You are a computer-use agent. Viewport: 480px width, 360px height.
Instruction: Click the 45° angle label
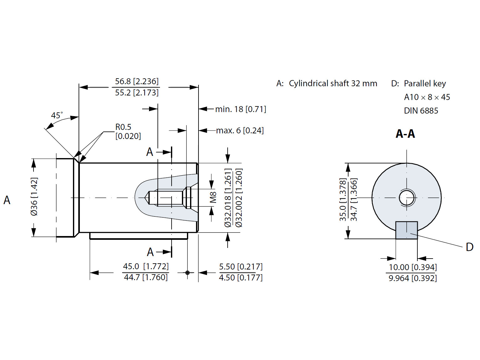click(x=57, y=115)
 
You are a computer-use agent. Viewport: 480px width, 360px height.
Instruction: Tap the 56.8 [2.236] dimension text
click(x=137, y=81)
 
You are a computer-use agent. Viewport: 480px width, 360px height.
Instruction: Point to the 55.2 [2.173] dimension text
click(x=137, y=93)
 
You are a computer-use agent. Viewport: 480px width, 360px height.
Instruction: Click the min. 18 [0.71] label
click(x=240, y=109)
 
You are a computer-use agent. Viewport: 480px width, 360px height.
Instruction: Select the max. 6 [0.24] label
click(x=240, y=131)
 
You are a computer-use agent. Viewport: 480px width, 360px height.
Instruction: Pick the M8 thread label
click(x=213, y=198)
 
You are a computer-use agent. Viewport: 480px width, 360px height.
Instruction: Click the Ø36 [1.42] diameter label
click(x=34, y=197)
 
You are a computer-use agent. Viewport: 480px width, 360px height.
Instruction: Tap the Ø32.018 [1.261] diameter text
click(x=228, y=198)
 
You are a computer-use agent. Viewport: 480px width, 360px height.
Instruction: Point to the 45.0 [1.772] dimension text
click(x=146, y=266)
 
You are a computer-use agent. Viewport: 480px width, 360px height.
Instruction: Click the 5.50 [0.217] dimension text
click(x=240, y=267)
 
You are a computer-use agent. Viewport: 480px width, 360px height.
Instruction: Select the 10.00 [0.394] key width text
click(x=412, y=267)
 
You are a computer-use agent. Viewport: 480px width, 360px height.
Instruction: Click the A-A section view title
click(x=405, y=134)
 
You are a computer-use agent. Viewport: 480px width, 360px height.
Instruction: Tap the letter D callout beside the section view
click(x=469, y=247)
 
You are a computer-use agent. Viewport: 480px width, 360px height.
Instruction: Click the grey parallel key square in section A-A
click(x=406, y=230)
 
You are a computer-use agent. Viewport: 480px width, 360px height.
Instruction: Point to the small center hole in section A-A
click(x=407, y=198)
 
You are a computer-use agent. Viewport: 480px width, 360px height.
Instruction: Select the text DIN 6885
click(x=421, y=111)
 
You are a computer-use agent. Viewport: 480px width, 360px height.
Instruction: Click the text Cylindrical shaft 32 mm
click(x=333, y=84)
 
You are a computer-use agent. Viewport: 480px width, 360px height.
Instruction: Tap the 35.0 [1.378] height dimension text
click(x=343, y=200)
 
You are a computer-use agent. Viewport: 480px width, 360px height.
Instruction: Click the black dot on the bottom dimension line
click(x=187, y=273)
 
